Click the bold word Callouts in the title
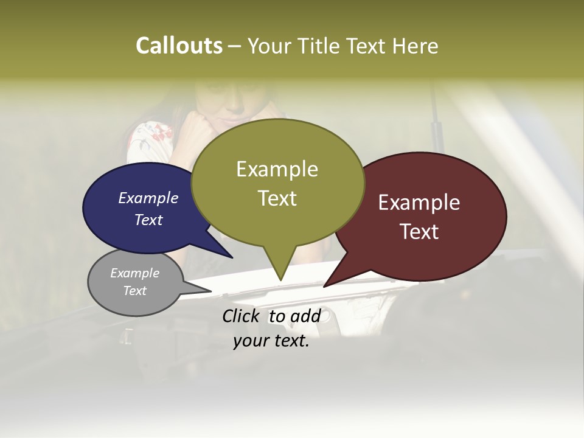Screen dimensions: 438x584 pyautogui.click(x=179, y=46)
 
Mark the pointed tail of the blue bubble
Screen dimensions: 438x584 pyautogui.click(x=225, y=252)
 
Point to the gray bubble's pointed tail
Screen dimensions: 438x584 pyautogui.click(x=204, y=290)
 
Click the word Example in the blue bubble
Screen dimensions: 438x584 pyautogui.click(x=148, y=198)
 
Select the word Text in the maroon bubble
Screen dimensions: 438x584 pyautogui.click(x=419, y=232)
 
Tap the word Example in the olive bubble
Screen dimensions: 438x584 pyautogui.click(x=277, y=169)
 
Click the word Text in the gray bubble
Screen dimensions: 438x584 pyautogui.click(x=135, y=290)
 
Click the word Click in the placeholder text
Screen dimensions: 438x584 pyautogui.click(x=241, y=316)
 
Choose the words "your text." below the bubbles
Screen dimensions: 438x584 pyautogui.click(x=271, y=341)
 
